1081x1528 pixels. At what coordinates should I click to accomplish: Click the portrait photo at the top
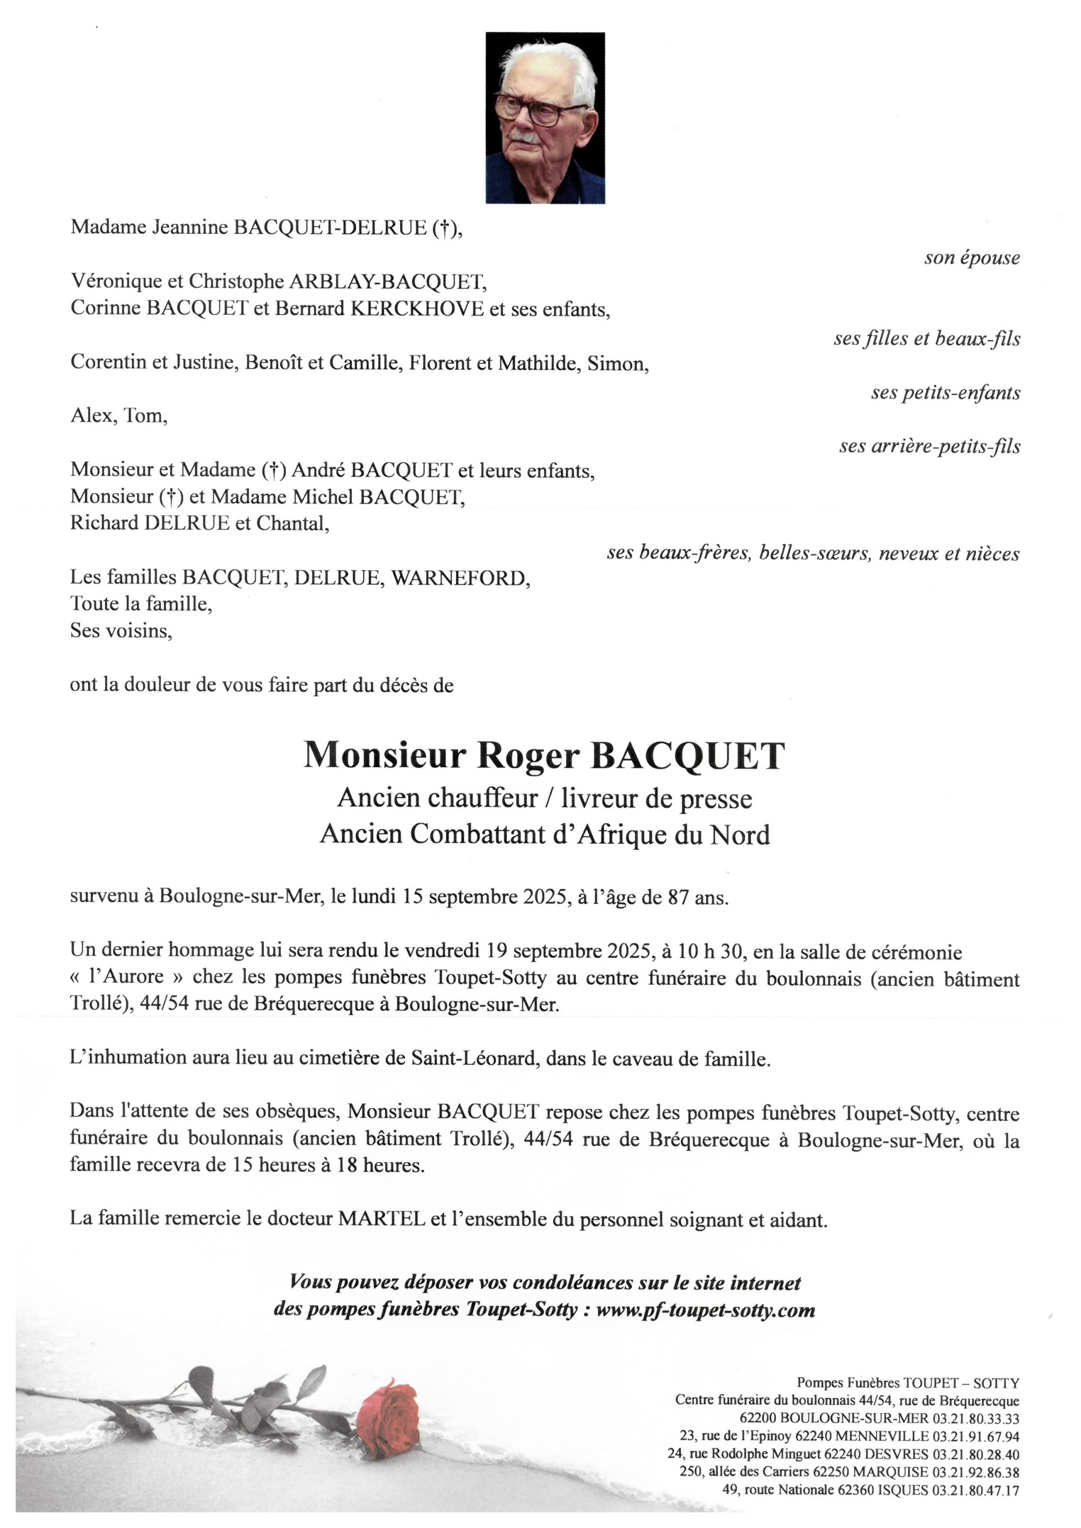(x=545, y=117)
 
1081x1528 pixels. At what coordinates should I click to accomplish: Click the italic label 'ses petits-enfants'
(x=945, y=393)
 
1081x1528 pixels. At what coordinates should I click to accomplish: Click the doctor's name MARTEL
(x=382, y=1219)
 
